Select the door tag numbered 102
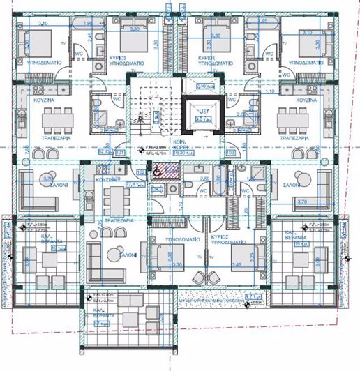point(140,172)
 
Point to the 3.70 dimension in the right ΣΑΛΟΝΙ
point(303,201)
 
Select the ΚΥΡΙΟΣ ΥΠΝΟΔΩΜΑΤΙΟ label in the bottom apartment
point(223,241)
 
